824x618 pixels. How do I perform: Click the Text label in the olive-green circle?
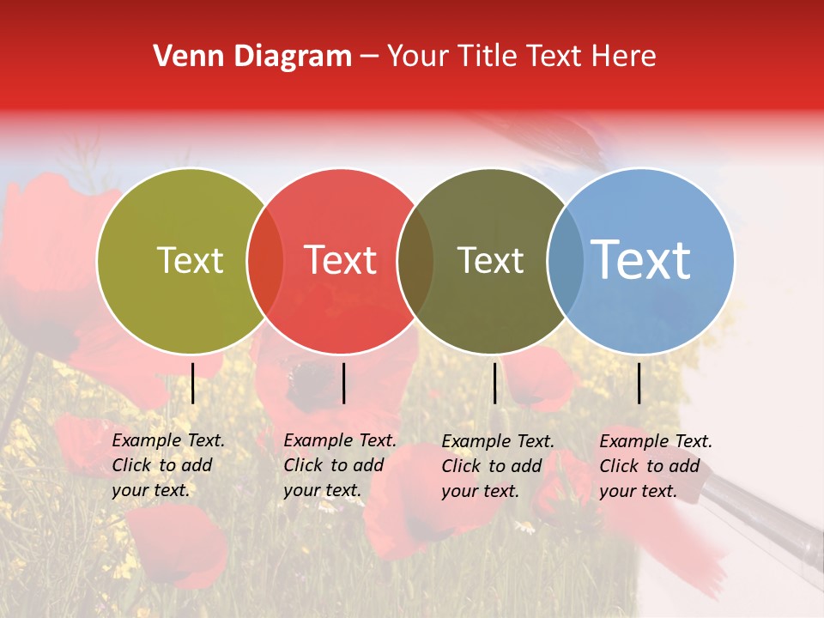pyautogui.click(x=190, y=260)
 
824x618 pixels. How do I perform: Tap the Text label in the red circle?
pyautogui.click(x=341, y=260)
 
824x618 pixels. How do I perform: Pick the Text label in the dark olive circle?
pyautogui.click(x=490, y=260)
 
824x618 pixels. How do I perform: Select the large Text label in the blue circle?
pyautogui.click(x=641, y=259)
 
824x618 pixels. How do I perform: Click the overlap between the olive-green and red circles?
pyautogui.click(x=265, y=261)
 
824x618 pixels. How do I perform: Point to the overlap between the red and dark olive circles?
pyautogui.click(x=415, y=261)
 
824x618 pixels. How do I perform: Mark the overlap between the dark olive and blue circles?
pyautogui.click(x=566, y=261)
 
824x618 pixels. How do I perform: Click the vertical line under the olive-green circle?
pyautogui.click(x=193, y=383)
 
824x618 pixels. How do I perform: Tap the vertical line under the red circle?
pyautogui.click(x=343, y=383)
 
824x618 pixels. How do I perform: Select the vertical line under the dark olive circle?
pyautogui.click(x=494, y=383)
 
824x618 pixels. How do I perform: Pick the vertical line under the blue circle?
pyautogui.click(x=639, y=383)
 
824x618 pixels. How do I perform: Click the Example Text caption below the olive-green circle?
pyautogui.click(x=167, y=465)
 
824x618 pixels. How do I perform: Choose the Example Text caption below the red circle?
pyautogui.click(x=339, y=465)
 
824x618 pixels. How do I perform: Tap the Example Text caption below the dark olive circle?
pyautogui.click(x=497, y=466)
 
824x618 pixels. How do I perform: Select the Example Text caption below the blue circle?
pyautogui.click(x=655, y=466)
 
